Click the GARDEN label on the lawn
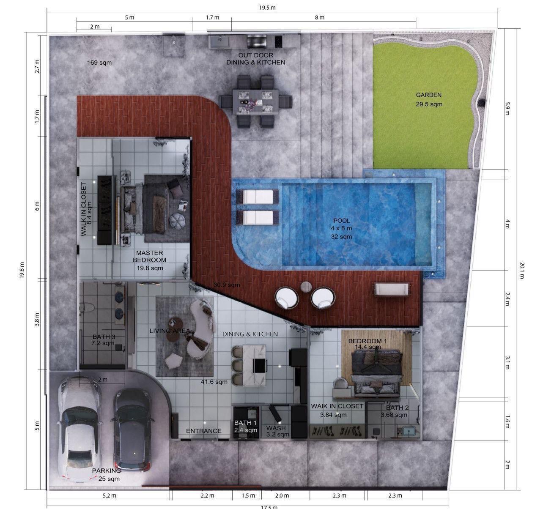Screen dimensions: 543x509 (x=428, y=95)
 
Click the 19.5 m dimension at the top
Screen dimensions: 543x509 (x=267, y=8)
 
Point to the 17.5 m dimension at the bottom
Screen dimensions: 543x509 (x=269, y=506)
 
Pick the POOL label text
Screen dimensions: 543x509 (x=342, y=220)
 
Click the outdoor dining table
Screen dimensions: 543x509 (x=255, y=101)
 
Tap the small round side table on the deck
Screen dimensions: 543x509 (x=306, y=287)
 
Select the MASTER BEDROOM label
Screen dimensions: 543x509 (x=149, y=257)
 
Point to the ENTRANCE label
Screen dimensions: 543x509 (x=204, y=431)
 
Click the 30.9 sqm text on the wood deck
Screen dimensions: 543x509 (x=226, y=285)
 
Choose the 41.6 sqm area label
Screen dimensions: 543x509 (x=214, y=382)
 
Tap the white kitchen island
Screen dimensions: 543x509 (x=254, y=365)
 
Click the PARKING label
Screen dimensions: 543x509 (x=106, y=471)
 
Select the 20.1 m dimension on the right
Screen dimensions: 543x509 (x=522, y=271)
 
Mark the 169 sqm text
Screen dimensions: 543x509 (x=99, y=63)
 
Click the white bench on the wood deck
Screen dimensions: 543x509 (x=392, y=289)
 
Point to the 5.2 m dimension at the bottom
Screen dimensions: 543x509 (x=110, y=495)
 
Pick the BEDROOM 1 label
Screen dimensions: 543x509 (x=367, y=341)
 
